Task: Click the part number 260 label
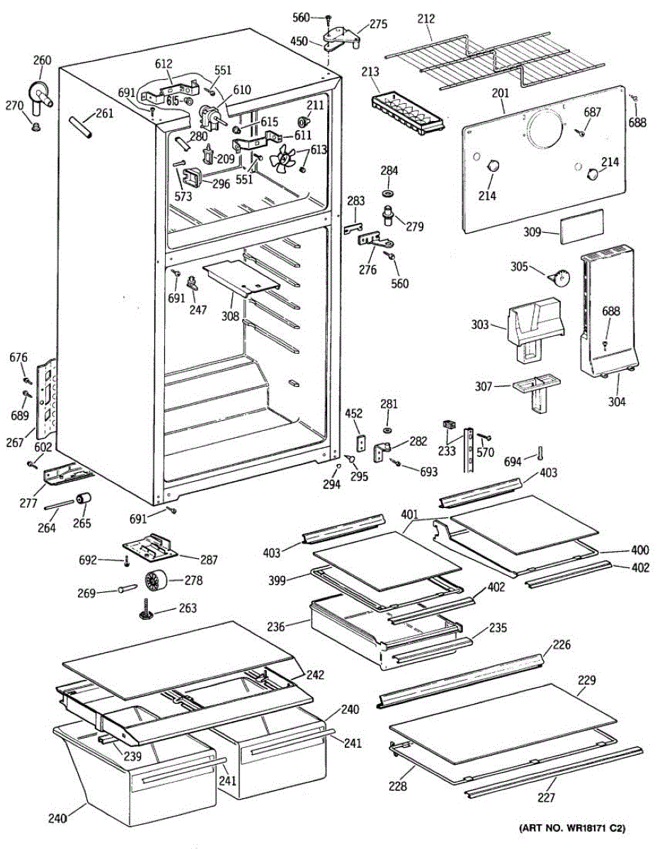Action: point(42,61)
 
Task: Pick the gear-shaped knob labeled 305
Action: point(564,278)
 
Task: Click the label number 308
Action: point(229,316)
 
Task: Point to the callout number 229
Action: point(587,681)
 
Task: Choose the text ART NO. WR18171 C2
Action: point(573,828)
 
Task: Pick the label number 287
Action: point(208,560)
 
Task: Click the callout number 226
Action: point(561,645)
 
